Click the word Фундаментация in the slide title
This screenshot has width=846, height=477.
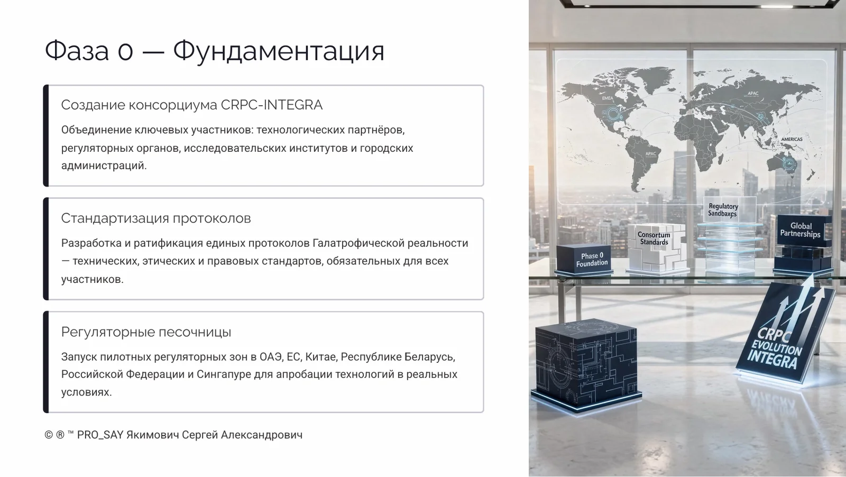pos(279,51)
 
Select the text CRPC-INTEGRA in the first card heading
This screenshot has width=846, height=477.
pos(271,105)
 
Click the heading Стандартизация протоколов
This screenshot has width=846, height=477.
pos(156,218)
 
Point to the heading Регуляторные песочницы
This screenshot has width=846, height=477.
pos(146,332)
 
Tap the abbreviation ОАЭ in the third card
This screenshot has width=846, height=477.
pos(270,357)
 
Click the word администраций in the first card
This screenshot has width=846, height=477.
pos(103,166)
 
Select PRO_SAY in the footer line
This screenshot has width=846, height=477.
pos(100,435)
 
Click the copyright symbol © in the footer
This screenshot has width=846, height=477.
pos(49,435)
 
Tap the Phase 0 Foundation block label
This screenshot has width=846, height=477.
pos(592,259)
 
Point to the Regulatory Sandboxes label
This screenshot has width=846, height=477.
pos(723,210)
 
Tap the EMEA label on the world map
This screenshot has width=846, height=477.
pos(608,98)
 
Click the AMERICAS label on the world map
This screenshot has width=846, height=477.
pos(792,140)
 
